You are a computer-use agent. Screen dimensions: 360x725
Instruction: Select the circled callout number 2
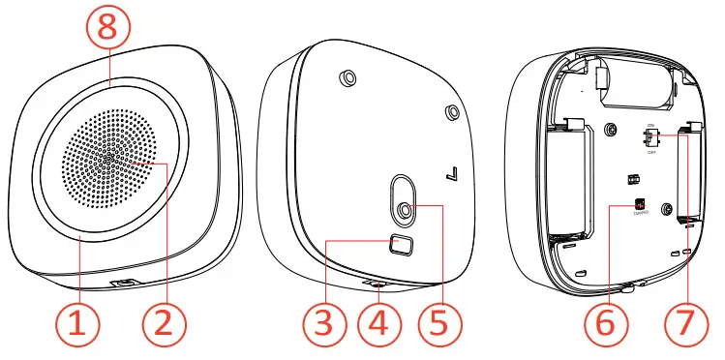tap(164, 323)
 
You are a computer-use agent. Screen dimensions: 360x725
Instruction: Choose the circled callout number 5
tap(441, 323)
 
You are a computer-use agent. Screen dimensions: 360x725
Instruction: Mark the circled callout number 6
tap(605, 323)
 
